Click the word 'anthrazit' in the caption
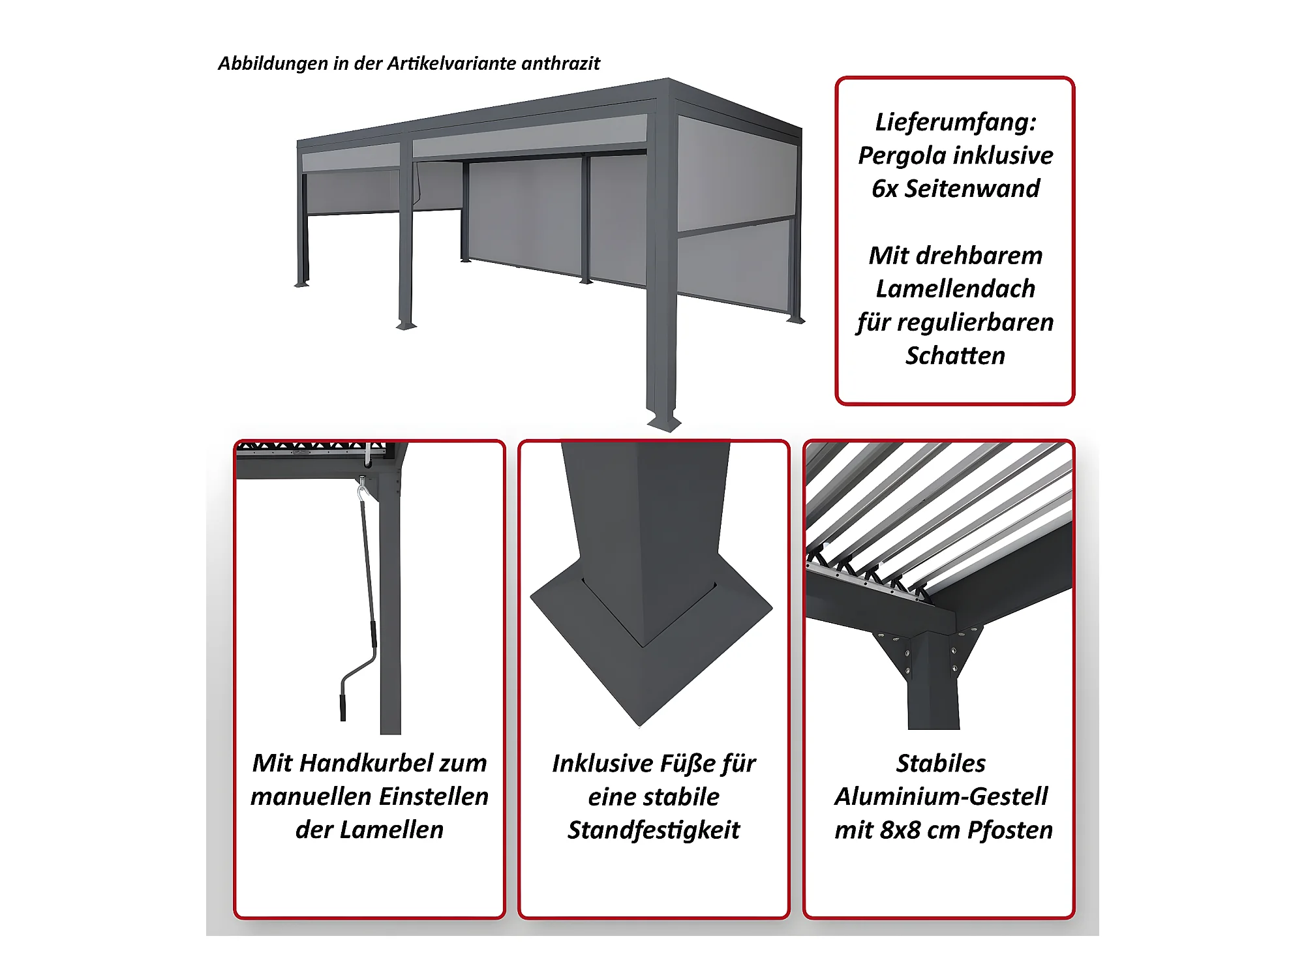pos(561,63)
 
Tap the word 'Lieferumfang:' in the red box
pos(956,123)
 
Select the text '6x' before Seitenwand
pos(885,188)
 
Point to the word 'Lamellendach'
pos(956,288)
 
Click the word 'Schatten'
pos(956,355)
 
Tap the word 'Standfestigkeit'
pos(654,830)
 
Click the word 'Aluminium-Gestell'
pos(941,796)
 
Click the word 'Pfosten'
pos(1010,830)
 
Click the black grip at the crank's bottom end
pos(343,708)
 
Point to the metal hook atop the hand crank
pos(362,489)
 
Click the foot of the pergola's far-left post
pos(301,284)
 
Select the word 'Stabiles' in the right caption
pos(941,763)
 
